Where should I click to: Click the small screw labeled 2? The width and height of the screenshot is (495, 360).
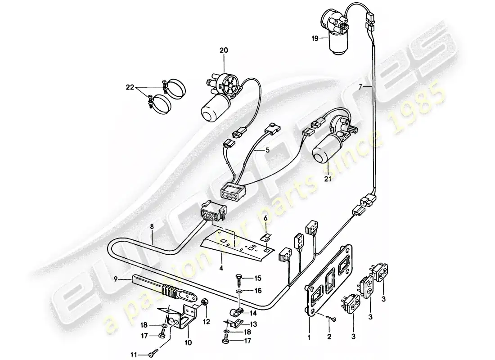(x=332, y=320)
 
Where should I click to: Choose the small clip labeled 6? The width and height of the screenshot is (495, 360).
(x=267, y=236)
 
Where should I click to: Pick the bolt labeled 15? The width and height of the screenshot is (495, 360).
(x=238, y=278)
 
